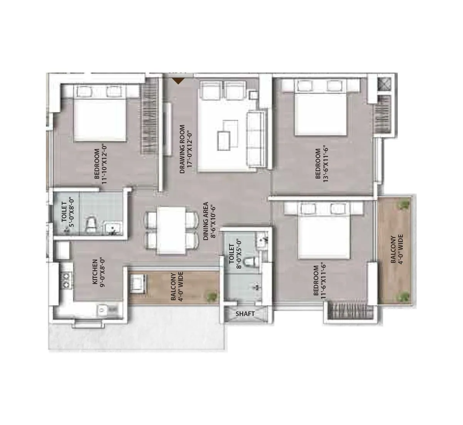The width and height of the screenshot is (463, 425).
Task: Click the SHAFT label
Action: [245, 314]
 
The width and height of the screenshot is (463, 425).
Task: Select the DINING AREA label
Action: [206, 221]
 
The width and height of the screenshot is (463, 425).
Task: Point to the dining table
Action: [171, 231]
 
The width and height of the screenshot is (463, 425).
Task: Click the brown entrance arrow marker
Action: [178, 81]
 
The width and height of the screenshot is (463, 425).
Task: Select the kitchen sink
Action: [103, 309]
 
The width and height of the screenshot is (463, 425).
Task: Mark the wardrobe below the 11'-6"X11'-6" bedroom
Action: [350, 311]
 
